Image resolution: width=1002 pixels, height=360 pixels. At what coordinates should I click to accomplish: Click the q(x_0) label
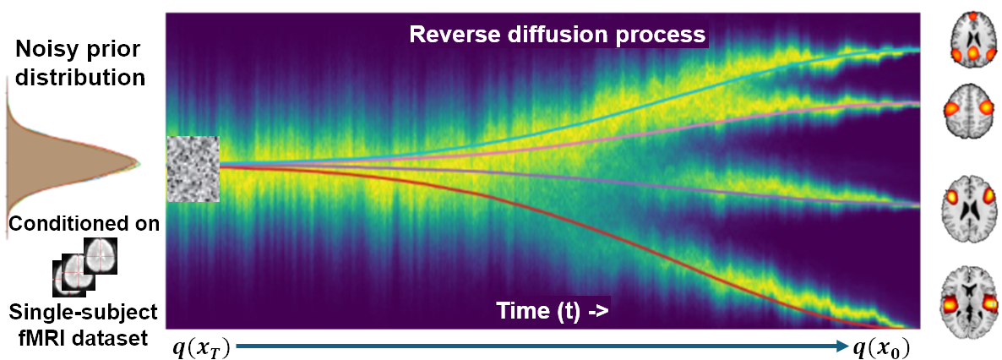(x=881, y=348)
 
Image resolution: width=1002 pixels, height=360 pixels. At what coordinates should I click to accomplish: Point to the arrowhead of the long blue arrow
(x=842, y=346)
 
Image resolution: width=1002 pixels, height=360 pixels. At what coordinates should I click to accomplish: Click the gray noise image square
(x=193, y=169)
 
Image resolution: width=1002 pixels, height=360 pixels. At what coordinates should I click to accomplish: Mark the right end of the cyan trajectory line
(x=918, y=50)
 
